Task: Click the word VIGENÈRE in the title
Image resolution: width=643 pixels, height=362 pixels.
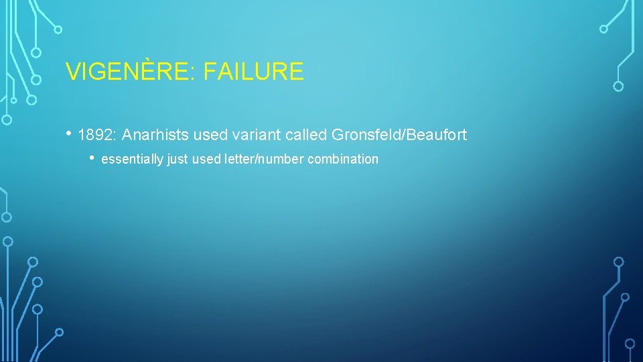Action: (128, 72)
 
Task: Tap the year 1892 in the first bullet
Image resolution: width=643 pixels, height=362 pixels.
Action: (96, 135)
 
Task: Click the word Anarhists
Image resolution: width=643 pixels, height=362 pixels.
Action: (155, 135)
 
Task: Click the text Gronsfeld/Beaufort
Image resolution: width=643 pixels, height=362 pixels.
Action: (399, 135)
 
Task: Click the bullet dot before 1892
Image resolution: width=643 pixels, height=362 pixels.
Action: (70, 133)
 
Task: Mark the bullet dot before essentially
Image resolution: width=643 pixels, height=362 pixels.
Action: (93, 158)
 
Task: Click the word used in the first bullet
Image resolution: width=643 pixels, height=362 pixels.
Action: (208, 135)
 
